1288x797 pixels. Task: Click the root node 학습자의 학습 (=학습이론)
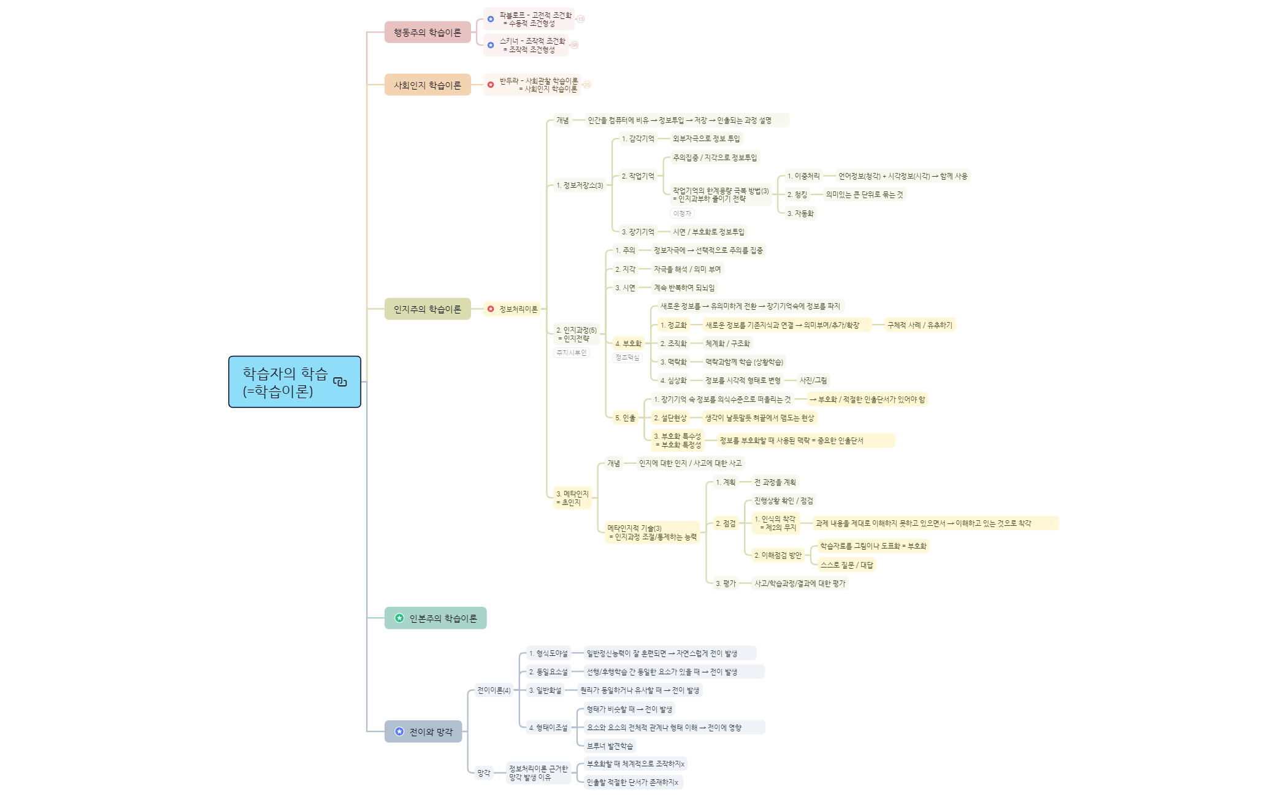285,382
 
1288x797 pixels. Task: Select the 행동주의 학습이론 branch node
427,33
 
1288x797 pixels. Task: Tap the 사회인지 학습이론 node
427,85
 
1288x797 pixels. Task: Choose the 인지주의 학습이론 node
427,309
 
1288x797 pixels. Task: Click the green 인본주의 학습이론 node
435,618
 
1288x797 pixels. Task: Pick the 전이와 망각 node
423,732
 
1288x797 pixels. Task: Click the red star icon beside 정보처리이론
491,309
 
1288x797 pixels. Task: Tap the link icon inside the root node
340,382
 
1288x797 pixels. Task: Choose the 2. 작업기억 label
638,176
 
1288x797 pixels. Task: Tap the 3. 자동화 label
800,214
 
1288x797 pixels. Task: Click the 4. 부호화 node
628,344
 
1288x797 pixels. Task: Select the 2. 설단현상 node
670,418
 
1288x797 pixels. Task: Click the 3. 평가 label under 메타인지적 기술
726,583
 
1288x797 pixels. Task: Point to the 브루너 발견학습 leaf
610,746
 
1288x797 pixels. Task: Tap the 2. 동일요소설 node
548,672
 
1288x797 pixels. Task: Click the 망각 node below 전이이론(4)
484,773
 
